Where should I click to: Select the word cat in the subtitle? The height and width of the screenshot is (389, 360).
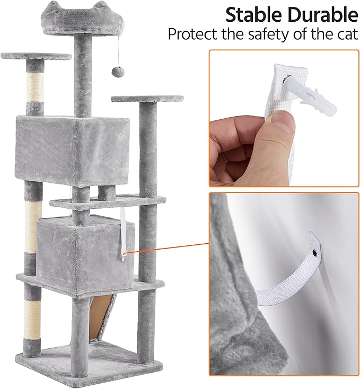tap(345, 34)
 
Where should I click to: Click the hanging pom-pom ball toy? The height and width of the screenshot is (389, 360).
tap(113, 72)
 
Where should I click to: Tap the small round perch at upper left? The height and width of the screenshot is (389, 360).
tap(36, 56)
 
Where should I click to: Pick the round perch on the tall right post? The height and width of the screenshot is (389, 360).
tap(147, 99)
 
